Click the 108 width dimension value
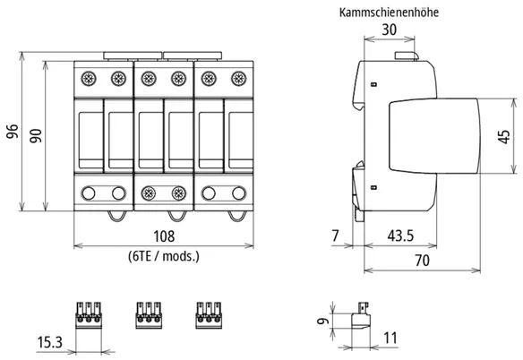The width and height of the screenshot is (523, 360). point(164,236)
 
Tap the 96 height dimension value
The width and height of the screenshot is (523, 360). point(13,131)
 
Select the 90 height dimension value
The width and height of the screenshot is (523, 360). point(36,135)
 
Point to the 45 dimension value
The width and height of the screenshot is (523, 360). point(503,136)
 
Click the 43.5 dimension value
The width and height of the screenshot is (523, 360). point(400,236)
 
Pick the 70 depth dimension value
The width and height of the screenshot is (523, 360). point(422,261)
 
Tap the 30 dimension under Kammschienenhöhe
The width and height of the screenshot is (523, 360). point(390,30)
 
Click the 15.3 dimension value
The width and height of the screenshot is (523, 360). point(49,342)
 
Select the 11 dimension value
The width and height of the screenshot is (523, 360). point(390,338)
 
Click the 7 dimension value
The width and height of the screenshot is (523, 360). point(335,236)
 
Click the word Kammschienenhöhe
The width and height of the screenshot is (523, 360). point(389,13)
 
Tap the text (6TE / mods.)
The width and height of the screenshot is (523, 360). point(164,256)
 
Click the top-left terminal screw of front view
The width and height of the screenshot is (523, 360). point(89,79)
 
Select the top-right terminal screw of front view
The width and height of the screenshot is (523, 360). point(239,79)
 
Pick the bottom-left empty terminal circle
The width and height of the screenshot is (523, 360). point(89,193)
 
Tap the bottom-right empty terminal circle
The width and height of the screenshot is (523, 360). point(239,193)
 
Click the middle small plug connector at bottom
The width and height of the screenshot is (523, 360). point(149,315)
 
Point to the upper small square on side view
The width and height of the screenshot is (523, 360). point(374,84)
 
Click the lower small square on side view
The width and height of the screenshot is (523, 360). point(374,187)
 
